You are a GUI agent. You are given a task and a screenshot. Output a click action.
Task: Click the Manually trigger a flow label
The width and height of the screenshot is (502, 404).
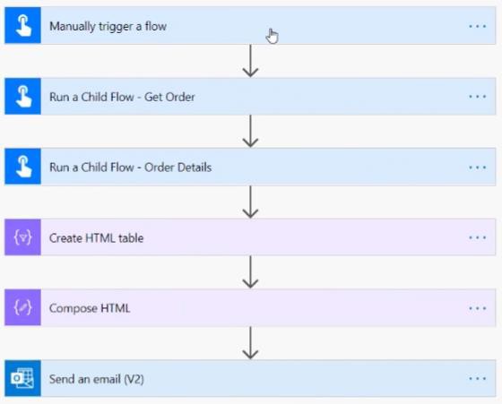(108, 26)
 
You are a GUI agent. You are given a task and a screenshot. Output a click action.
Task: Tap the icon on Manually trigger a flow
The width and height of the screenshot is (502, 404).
(22, 25)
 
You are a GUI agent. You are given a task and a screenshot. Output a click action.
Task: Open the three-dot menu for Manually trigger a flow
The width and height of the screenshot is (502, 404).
(477, 26)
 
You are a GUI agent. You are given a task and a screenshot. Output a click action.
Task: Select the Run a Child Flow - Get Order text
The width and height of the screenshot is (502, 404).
(122, 97)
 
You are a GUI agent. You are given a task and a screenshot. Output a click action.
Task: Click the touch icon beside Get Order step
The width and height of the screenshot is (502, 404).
(22, 96)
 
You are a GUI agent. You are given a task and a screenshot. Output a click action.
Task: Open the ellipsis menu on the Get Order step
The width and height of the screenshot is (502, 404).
(477, 97)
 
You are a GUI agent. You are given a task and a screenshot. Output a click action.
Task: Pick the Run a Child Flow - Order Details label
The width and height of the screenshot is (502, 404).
(130, 168)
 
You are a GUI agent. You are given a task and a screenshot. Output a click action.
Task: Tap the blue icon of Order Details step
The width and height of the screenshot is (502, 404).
(22, 167)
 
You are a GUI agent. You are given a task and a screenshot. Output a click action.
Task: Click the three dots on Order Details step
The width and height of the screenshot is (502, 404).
(477, 168)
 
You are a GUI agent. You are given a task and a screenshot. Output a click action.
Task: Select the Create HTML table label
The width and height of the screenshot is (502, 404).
(97, 238)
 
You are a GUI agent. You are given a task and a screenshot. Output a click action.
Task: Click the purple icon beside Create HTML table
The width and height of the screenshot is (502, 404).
(22, 237)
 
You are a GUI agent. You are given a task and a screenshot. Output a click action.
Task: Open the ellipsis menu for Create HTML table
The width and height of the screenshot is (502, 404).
(477, 237)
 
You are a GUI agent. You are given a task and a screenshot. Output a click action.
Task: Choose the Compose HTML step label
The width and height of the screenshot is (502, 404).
(90, 308)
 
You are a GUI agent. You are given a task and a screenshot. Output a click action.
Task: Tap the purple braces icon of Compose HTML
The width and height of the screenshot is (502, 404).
(22, 307)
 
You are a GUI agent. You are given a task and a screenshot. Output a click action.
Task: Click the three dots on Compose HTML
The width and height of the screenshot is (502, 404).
(477, 308)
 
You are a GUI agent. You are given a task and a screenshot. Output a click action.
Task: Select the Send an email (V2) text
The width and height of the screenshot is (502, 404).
(97, 379)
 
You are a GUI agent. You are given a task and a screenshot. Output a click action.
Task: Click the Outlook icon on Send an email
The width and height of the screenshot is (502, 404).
(22, 378)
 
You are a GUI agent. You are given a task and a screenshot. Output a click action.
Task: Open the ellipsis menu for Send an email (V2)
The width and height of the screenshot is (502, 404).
(477, 379)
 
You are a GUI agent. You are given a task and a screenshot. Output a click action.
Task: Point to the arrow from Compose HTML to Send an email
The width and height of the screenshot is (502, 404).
(250, 343)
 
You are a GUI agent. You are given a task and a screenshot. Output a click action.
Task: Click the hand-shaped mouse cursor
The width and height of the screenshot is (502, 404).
(272, 36)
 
